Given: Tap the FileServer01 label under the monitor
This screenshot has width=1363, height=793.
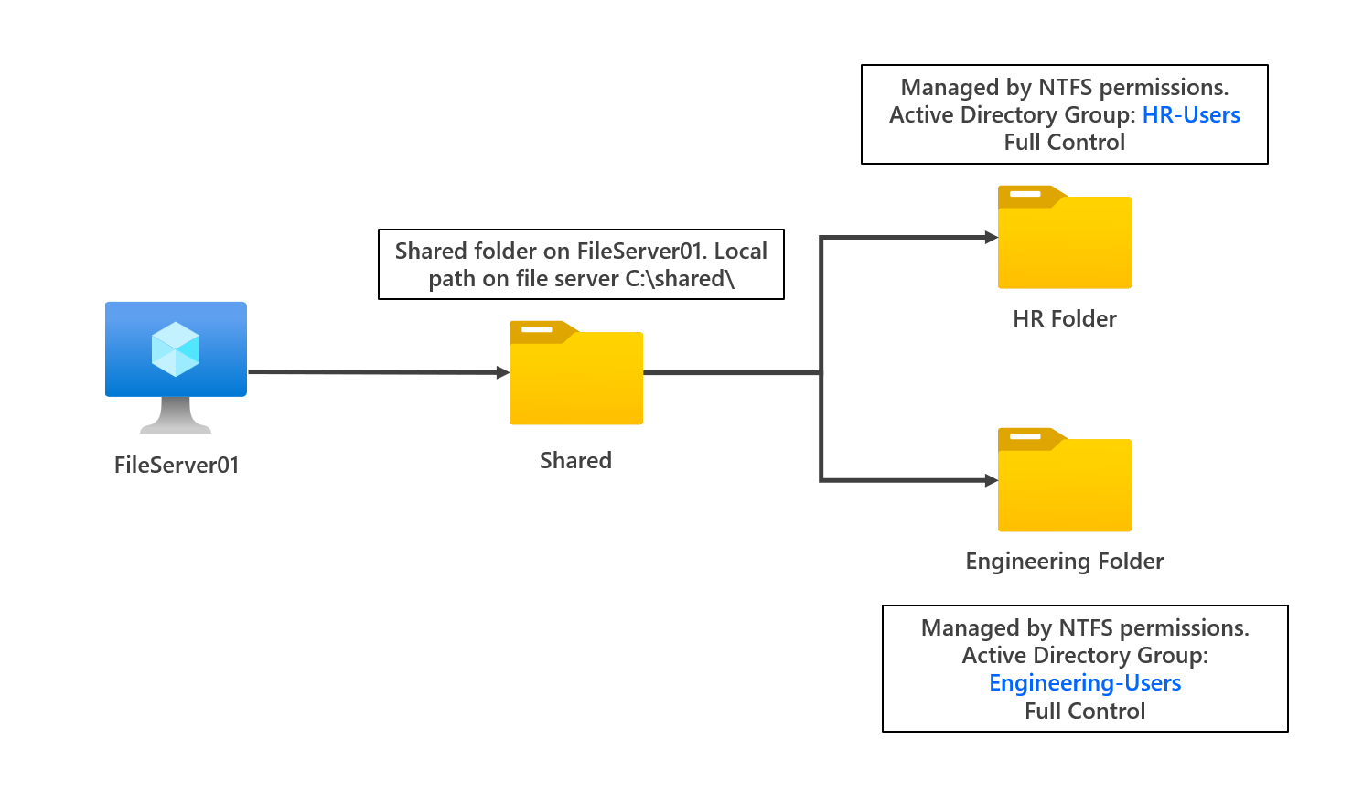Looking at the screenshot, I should [177, 465].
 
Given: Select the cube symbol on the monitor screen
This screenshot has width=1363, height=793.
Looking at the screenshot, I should [176, 349].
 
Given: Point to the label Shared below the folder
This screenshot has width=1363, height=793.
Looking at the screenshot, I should [575, 460].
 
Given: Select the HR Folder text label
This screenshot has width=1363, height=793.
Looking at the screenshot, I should [1065, 318].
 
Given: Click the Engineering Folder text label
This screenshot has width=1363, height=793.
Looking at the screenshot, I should [1065, 561].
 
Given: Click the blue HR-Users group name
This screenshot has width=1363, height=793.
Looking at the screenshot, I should [1191, 115].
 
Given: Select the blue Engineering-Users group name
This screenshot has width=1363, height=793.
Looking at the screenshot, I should [1085, 683].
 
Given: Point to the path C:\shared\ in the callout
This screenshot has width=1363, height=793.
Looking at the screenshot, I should [680, 279].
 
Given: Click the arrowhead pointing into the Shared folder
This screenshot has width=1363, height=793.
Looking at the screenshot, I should [502, 372].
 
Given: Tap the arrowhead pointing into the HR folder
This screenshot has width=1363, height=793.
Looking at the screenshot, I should [991, 238].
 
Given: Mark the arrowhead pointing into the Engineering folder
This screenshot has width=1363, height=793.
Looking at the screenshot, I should [991, 480].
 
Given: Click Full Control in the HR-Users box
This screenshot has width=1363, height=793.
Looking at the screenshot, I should [1065, 143].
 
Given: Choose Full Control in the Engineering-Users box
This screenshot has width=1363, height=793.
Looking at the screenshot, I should [1085, 712].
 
